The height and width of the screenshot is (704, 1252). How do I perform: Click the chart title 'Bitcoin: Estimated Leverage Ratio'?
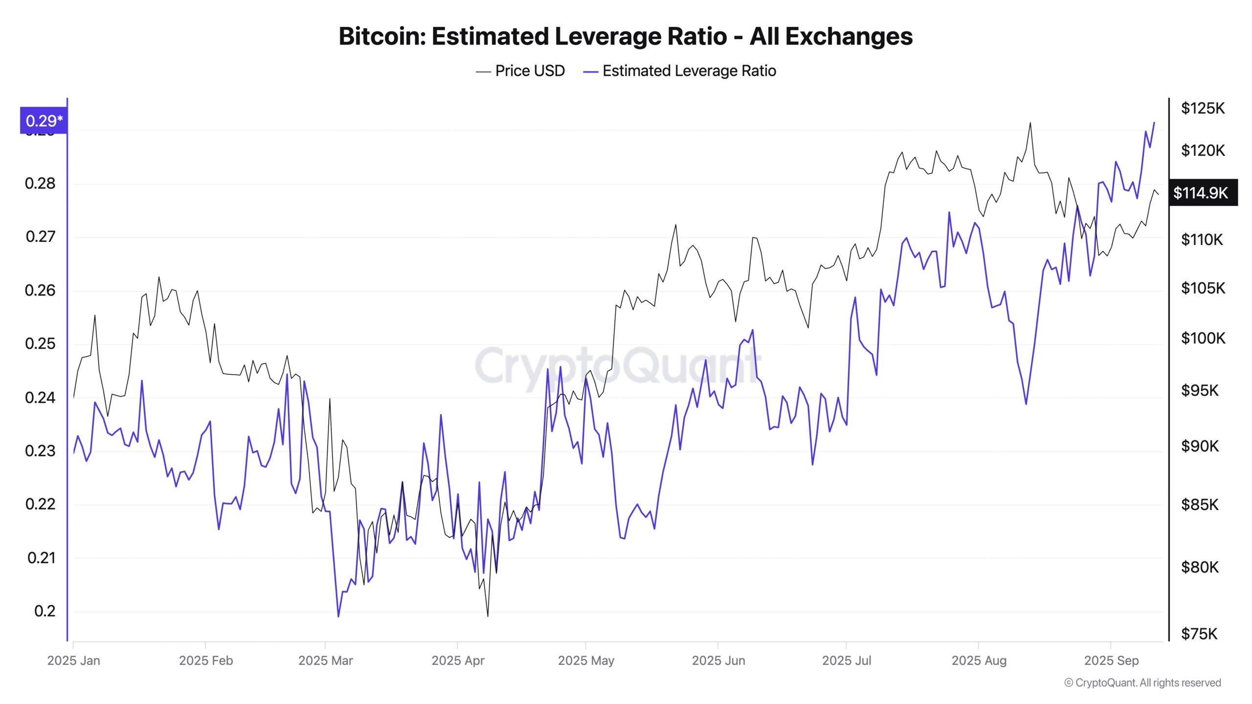(626, 36)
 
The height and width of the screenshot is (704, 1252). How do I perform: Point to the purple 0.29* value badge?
(44, 120)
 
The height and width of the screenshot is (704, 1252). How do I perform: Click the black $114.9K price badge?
(1203, 193)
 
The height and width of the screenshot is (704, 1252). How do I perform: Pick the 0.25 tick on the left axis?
(40, 344)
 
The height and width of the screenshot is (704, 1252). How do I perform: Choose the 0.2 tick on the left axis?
(45, 611)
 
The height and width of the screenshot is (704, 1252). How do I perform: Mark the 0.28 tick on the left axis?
(40, 184)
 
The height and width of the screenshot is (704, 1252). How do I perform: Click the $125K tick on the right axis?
(1203, 108)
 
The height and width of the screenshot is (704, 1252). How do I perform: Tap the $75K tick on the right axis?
(1199, 634)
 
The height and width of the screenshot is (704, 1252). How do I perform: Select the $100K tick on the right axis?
(1203, 338)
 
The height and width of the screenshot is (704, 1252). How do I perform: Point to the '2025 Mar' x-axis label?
(325, 660)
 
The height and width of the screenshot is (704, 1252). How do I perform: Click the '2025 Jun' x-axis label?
(718, 660)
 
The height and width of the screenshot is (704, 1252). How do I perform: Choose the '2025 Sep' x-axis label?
(1111, 660)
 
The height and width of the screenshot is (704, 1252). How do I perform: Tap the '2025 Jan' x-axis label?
(73, 660)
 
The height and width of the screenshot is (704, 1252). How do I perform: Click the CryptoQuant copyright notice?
(1142, 682)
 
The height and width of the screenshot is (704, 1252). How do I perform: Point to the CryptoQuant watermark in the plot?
(617, 366)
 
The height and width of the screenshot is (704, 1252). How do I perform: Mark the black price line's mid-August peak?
(1030, 123)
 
